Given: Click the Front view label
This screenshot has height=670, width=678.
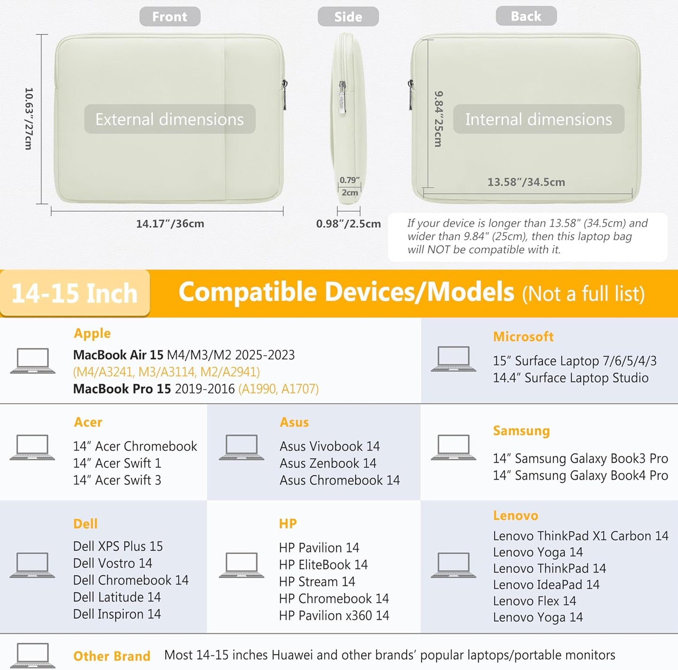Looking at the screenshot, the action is click(169, 16).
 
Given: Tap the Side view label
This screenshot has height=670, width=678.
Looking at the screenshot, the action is click(348, 16).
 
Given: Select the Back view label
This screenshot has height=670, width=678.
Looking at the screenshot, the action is click(526, 16).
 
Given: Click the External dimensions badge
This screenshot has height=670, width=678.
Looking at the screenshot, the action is click(169, 119).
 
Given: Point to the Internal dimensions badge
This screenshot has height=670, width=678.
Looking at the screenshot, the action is click(539, 119).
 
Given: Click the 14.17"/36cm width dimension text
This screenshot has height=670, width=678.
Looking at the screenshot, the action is click(170, 223).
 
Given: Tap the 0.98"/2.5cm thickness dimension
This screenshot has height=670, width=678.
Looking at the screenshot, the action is click(348, 224).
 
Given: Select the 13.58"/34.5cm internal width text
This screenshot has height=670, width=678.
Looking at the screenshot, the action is click(526, 182).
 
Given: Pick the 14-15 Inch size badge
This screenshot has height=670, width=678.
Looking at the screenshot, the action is click(75, 293).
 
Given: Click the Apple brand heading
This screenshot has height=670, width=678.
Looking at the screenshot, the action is click(92, 333).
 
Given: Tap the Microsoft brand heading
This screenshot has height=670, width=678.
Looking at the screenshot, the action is click(523, 337).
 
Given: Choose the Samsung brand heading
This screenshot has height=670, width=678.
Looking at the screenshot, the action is click(521, 431).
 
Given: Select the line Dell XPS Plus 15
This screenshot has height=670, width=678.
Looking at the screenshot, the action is click(118, 546).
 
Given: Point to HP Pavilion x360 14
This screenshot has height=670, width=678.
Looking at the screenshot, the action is click(334, 616).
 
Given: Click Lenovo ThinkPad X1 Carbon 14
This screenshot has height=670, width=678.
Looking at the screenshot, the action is click(580, 536).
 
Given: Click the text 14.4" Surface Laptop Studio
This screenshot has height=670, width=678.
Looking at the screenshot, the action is click(571, 378).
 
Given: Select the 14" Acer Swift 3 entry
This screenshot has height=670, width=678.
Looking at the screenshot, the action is click(117, 480).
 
